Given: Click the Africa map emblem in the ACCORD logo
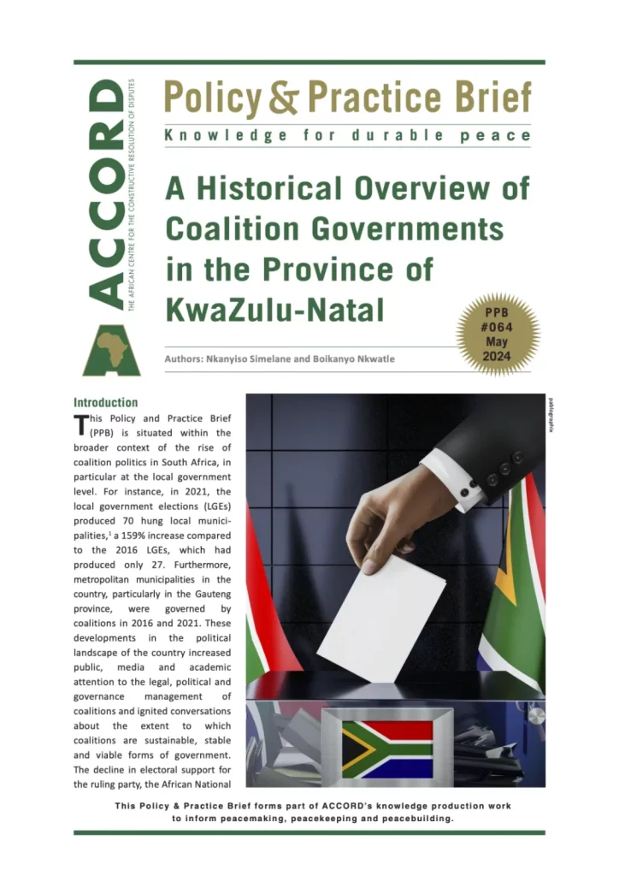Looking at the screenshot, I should point(111,349).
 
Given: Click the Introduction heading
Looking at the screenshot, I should point(105,402).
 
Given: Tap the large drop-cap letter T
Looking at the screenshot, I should point(81,425).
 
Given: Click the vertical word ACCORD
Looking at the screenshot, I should point(105,192).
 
